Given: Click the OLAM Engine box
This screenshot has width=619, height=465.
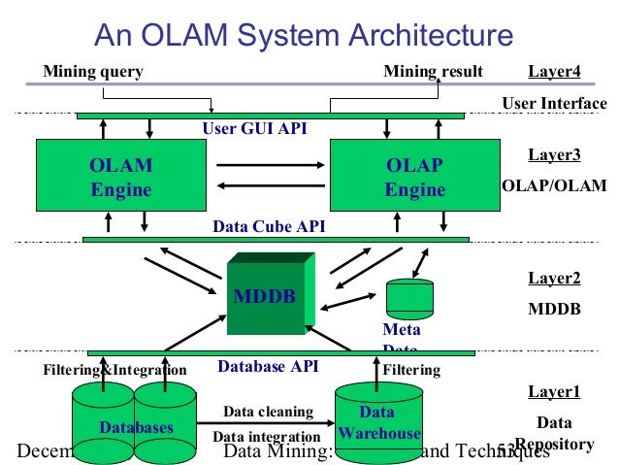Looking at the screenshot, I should coord(121,176).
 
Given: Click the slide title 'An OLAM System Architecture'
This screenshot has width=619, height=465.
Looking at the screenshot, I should coord(304,36).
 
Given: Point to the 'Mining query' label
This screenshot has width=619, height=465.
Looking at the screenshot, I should coord(93,72).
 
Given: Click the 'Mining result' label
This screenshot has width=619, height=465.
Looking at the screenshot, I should coord(433,72).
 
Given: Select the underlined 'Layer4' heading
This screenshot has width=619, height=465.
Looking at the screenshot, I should coord(554,72).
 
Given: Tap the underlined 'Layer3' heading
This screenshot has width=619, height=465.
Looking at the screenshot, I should coord(554,155).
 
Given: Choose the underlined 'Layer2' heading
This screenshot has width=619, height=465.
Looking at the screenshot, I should coord(554,279).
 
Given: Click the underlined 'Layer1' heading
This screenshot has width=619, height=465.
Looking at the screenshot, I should coord(554,392).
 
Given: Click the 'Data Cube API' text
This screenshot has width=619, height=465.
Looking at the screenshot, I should coord(269,227).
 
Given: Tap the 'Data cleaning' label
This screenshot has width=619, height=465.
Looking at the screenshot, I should coord(268,412).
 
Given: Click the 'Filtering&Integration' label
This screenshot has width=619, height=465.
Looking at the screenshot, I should coord(114,370).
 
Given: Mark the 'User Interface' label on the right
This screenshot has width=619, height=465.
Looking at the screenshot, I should coord(554,104).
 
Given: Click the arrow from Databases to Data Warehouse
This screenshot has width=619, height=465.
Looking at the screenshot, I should coord(264,424).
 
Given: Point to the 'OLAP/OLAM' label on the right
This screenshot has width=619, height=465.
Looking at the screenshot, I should coord(554,185).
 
